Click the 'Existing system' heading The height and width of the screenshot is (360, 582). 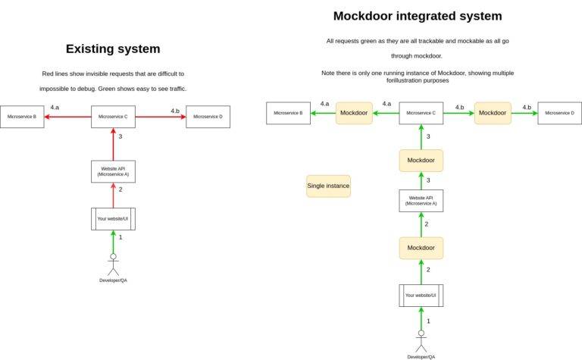(113, 49)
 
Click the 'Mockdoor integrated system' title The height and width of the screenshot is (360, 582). (418, 16)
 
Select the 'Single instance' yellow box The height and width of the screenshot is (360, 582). (328, 186)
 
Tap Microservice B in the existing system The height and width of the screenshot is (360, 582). (22, 117)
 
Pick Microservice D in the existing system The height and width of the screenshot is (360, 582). (208, 117)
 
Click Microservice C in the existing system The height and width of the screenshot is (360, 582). (113, 117)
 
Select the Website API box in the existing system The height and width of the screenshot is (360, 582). (113, 171)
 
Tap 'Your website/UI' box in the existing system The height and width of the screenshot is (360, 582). (113, 219)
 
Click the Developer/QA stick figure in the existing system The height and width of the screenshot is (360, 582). (113, 265)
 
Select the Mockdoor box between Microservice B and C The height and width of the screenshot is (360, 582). (354, 113)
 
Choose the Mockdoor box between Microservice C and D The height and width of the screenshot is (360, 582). (493, 113)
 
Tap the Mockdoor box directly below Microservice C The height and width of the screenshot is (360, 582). (421, 161)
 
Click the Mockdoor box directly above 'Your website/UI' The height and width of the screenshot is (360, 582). (421, 248)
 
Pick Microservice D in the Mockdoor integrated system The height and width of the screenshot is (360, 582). (559, 113)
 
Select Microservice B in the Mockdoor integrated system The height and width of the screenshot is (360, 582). (288, 113)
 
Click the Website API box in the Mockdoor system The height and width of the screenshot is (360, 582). (421, 201)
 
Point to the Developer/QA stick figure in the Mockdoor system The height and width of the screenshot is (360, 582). (421, 340)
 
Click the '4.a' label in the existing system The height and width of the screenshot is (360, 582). (56, 108)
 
